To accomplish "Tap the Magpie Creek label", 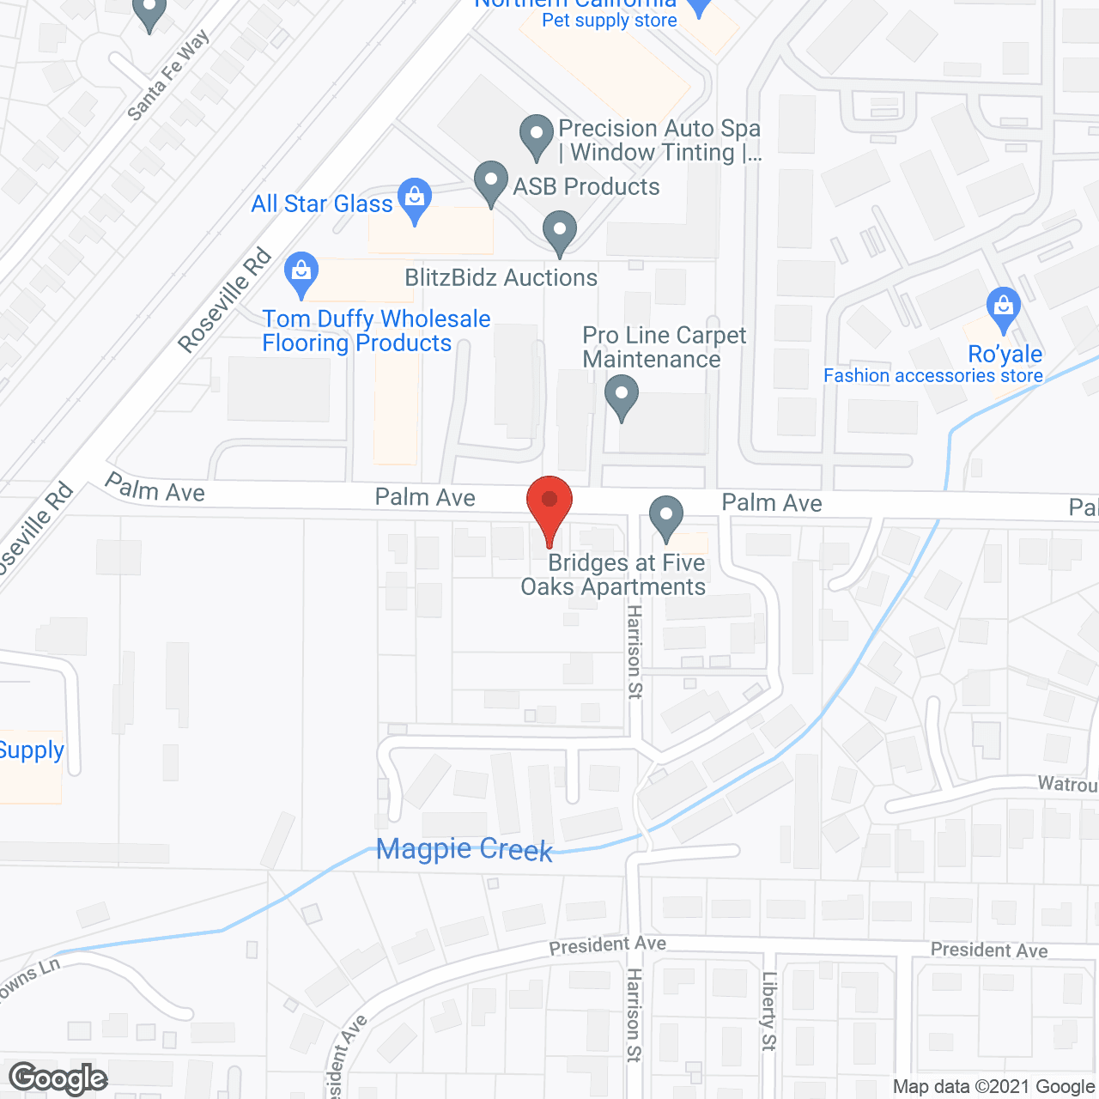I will [x=464, y=849].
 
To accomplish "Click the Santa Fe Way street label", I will [x=167, y=76].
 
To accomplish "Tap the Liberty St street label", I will [x=768, y=1011].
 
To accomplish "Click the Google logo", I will [x=58, y=1078].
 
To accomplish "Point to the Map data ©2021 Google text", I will [x=993, y=1087].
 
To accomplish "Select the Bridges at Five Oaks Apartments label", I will [x=614, y=574].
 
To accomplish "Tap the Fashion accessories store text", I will [x=933, y=375].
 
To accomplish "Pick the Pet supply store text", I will [x=610, y=21].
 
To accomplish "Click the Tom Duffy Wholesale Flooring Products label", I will [x=376, y=331].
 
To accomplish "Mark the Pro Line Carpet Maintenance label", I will [x=664, y=347].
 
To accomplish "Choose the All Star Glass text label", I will [x=322, y=203].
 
